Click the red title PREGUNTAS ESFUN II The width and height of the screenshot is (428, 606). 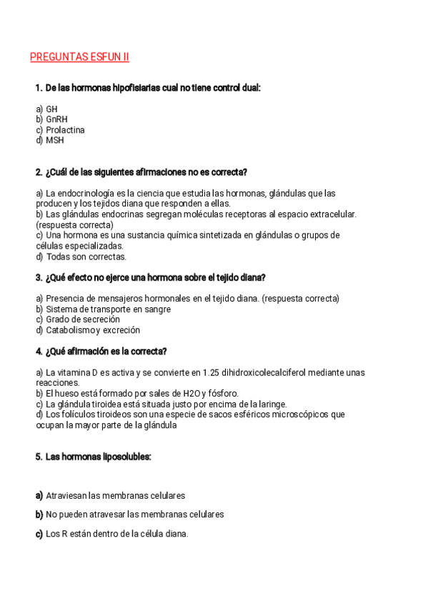[x=79, y=57]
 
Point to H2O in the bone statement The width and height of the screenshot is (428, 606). [x=192, y=393]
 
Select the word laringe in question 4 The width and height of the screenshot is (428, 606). [x=272, y=404]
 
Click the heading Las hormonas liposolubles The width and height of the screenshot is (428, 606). [x=98, y=457]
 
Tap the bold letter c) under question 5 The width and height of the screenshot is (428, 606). [x=39, y=534]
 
